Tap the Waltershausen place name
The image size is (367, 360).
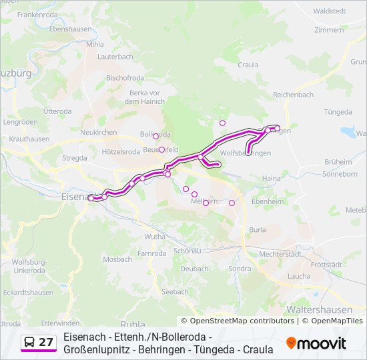[310, 310]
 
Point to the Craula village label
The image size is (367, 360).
[248, 65]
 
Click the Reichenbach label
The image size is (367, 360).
[293, 95]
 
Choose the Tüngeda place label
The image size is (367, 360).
[337, 111]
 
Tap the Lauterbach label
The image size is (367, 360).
[115, 57]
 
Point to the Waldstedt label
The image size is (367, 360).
[329, 11]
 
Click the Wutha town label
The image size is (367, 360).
[155, 237]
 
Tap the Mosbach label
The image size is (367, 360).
[118, 259]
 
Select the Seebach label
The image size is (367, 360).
[175, 291]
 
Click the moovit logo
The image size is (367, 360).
[316, 343]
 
